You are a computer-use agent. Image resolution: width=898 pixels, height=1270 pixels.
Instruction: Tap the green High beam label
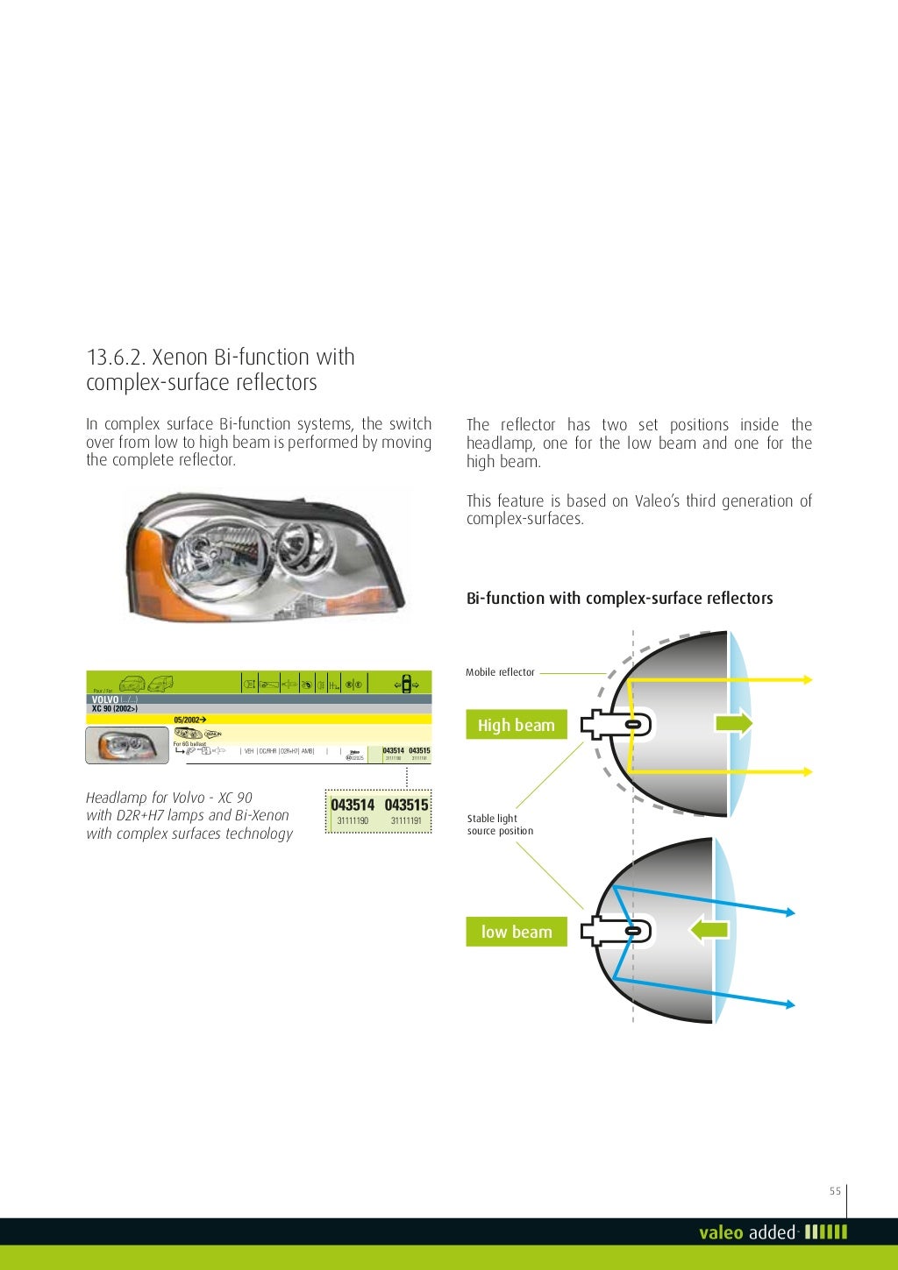(x=516, y=725)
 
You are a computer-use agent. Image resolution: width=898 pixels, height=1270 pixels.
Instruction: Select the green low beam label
(x=516, y=932)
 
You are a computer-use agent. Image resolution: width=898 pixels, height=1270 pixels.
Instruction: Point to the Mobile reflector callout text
(x=500, y=672)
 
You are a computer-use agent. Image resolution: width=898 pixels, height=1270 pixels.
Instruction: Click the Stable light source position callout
(x=500, y=825)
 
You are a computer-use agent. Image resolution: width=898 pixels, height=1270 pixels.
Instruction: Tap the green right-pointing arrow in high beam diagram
(x=733, y=723)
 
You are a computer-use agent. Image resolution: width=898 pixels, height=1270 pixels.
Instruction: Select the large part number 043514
(x=353, y=805)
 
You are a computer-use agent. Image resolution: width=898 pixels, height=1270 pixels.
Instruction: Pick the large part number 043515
(x=406, y=805)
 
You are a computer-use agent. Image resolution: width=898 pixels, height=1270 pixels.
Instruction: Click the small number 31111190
(x=353, y=821)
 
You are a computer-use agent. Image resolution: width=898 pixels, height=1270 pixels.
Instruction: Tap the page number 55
(x=835, y=1190)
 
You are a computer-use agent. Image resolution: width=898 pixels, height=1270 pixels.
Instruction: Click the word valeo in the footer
(x=721, y=1232)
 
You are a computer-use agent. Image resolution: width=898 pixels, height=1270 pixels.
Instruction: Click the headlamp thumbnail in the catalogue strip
(x=127, y=746)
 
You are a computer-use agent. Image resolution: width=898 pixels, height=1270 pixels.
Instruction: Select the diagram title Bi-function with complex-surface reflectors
(x=619, y=599)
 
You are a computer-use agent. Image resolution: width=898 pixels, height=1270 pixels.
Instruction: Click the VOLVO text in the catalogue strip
(x=104, y=700)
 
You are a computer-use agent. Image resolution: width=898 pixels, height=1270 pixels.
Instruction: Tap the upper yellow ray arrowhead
(x=808, y=679)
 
